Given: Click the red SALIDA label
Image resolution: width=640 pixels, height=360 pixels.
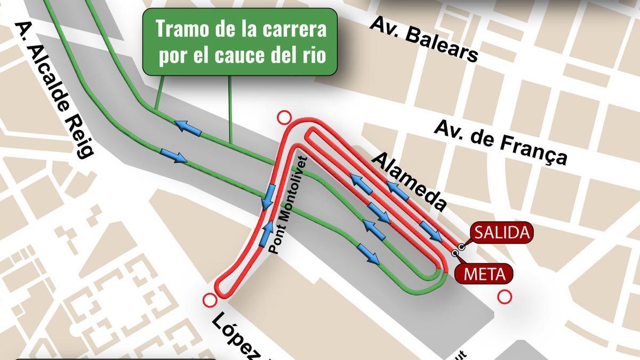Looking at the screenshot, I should click(501, 233).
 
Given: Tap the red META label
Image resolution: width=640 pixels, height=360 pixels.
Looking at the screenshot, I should click(484, 274).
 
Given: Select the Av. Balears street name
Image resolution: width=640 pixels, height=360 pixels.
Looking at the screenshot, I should click(423, 39).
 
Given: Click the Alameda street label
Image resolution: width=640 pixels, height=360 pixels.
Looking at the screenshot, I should click(409, 181).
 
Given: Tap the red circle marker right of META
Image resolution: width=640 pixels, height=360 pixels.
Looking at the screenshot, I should click(503, 297).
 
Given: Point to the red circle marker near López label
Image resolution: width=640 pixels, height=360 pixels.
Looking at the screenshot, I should click(210, 301).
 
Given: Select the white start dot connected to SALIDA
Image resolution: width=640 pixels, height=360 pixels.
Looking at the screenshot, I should click(460, 247).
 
